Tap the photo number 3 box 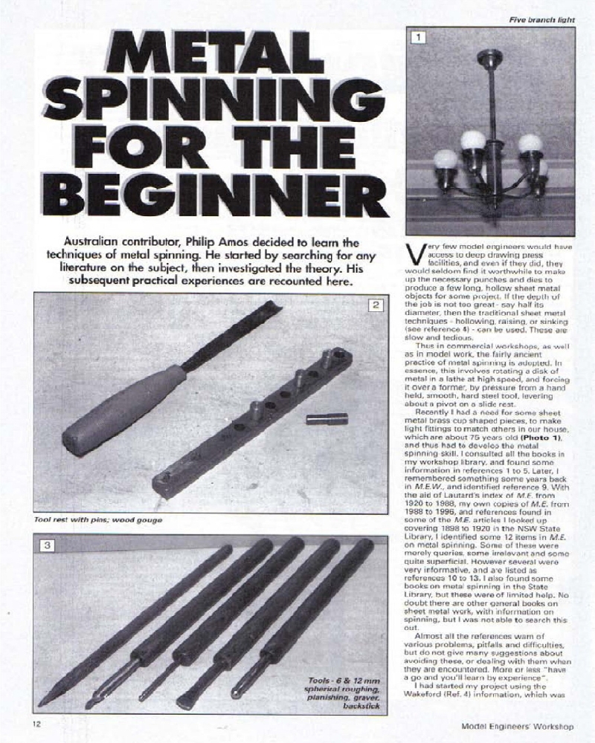click(x=46, y=546)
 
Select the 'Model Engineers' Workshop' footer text click(x=517, y=725)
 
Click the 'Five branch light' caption click(x=541, y=19)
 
